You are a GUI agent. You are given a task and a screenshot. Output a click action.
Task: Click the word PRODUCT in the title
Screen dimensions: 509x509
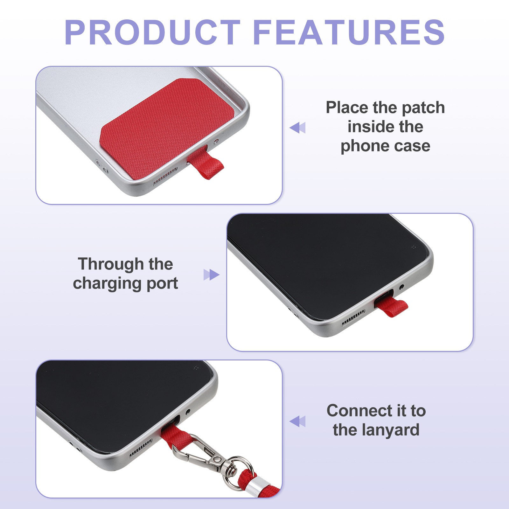tap(152, 32)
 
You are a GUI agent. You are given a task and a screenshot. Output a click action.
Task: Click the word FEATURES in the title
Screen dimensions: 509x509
tap(349, 32)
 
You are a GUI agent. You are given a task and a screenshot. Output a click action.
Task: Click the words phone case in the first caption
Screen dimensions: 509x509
tap(385, 146)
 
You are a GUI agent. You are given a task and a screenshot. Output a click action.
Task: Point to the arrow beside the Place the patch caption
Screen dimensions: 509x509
tap(297, 128)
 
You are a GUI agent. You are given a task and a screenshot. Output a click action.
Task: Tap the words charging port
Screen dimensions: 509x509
tap(125, 283)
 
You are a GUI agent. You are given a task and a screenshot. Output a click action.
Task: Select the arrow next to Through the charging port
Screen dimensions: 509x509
tap(212, 275)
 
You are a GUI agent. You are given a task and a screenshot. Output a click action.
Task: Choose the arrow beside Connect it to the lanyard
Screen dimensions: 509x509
tap(297, 421)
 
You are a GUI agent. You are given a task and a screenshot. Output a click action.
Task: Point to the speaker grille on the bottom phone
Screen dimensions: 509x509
tap(140, 448)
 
